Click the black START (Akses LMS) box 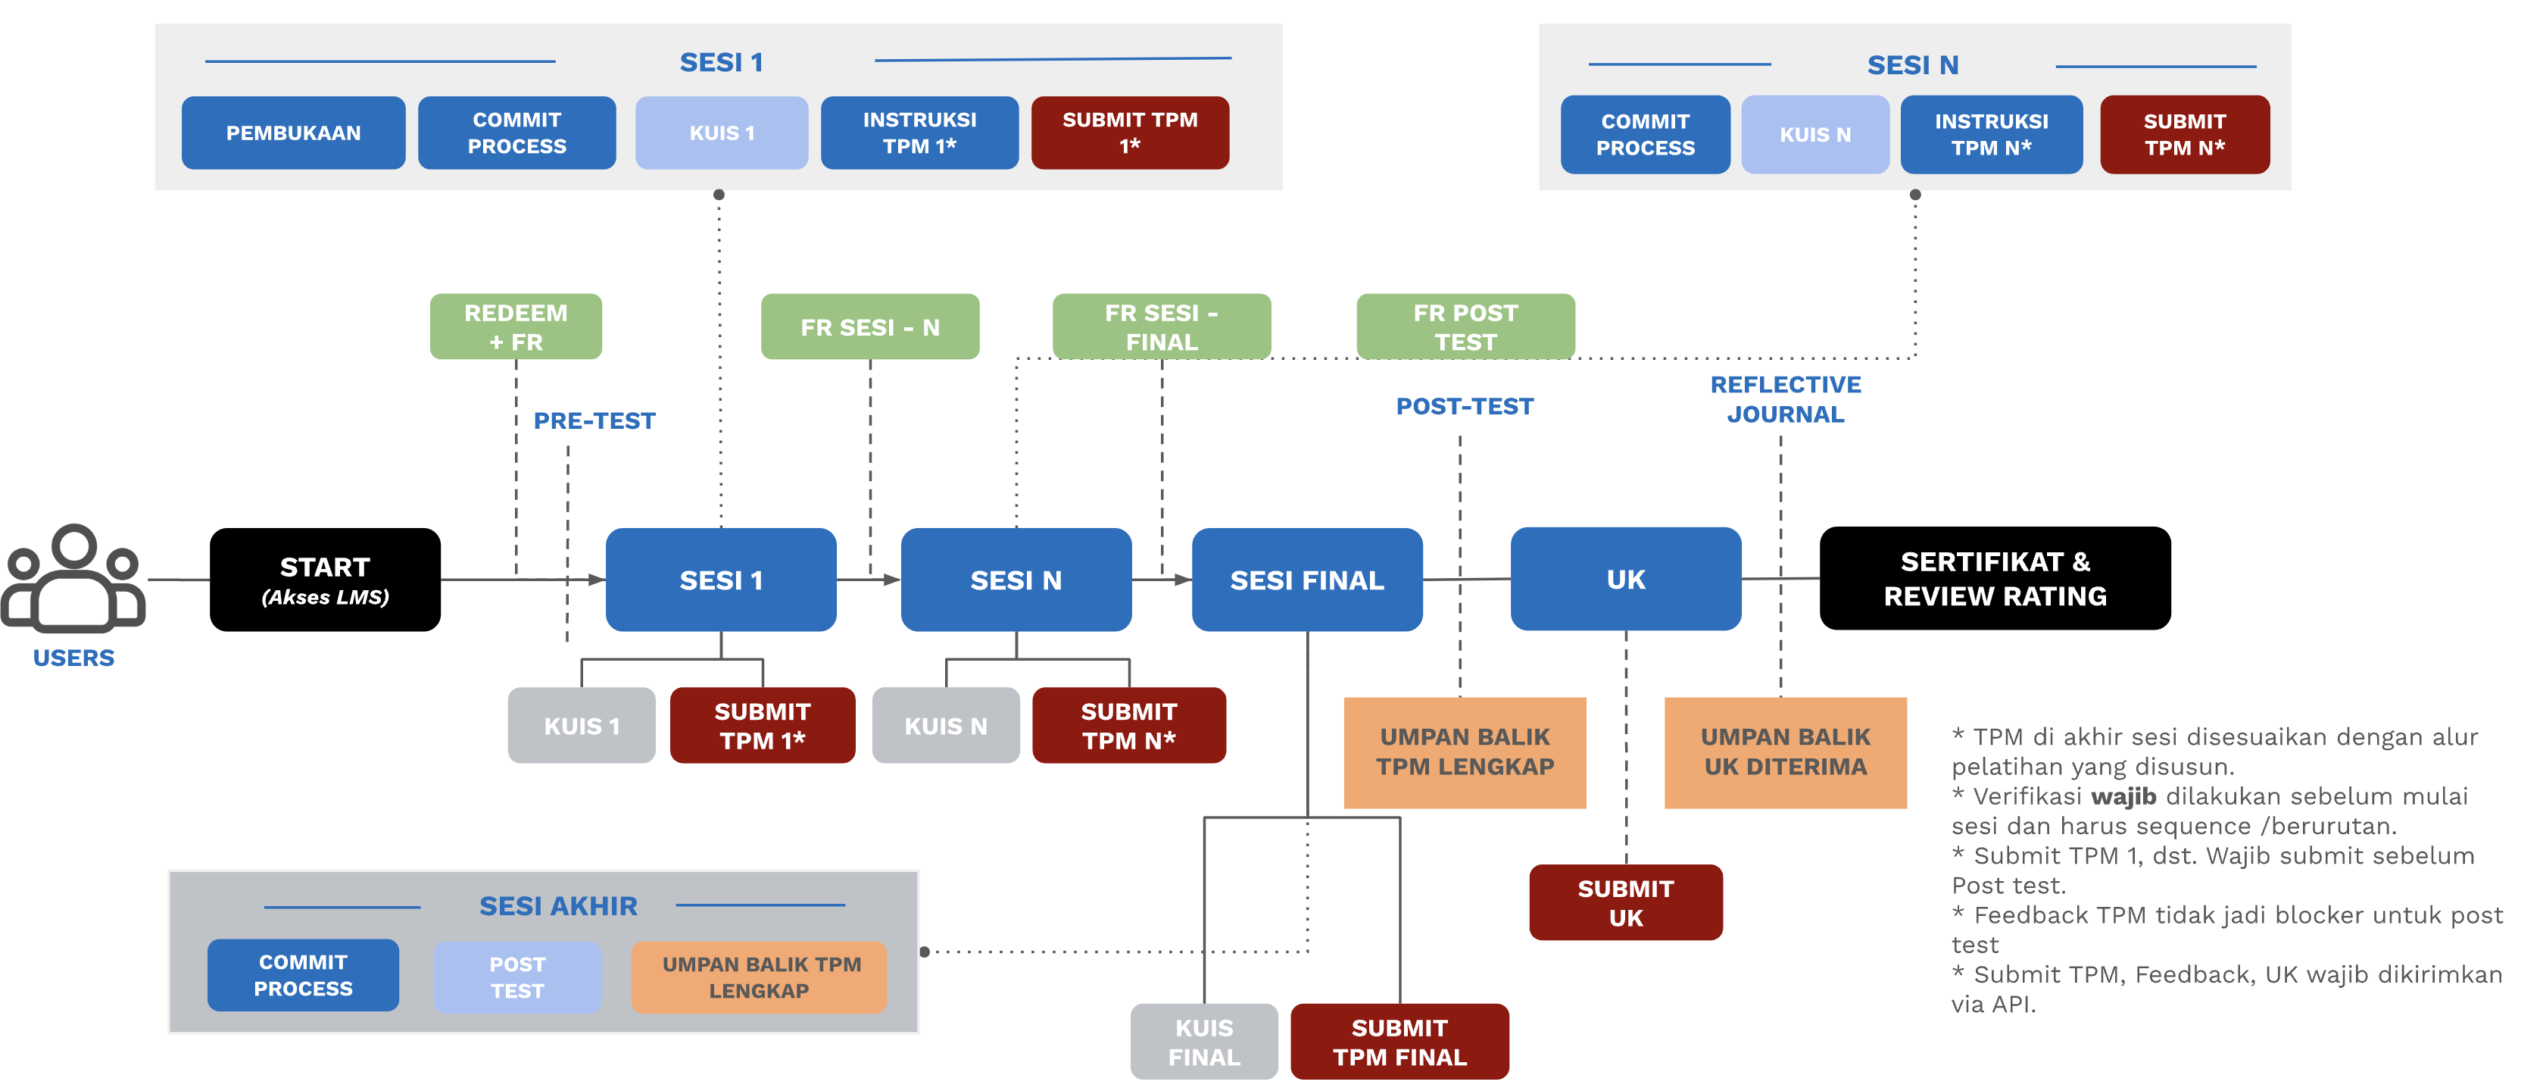[325, 580]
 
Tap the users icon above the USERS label [74, 580]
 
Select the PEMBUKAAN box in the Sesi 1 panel [293, 133]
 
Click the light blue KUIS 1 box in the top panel [722, 133]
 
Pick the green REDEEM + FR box [515, 327]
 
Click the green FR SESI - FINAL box [1161, 327]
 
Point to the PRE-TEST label [594, 420]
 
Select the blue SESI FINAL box [1306, 580]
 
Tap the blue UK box [1625, 579]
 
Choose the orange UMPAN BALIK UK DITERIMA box [1785, 752]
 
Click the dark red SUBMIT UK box [1625, 902]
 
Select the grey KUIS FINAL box [1203, 1042]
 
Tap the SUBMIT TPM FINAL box [1399, 1042]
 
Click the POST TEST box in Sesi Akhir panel [517, 977]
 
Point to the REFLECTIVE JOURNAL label [1785, 399]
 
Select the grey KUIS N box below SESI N [946, 726]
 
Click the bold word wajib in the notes [2123, 796]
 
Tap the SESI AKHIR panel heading [558, 905]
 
